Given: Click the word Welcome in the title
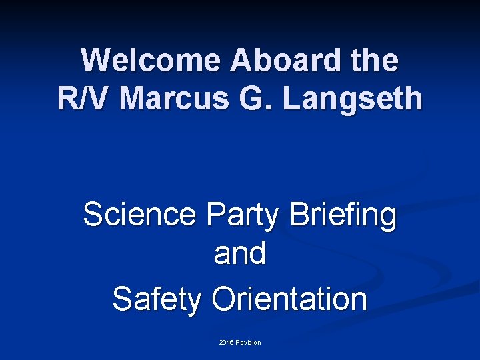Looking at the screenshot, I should (151, 61).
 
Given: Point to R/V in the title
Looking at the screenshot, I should (85, 99).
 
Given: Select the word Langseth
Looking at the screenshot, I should (353, 99).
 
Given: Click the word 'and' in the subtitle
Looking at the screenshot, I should (240, 254).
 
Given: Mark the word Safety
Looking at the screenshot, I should (157, 299).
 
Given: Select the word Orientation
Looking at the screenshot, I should (289, 299).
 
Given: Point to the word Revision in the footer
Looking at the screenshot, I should (249, 343).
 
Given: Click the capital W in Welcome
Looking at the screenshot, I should (95, 61).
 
